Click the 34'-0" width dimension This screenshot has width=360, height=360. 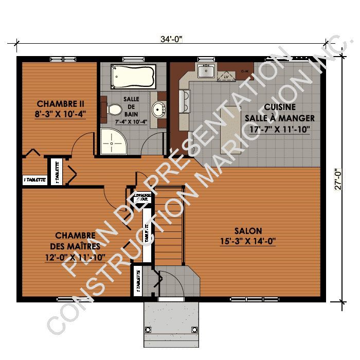click(x=172, y=39)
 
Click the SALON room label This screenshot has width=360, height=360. click(x=248, y=231)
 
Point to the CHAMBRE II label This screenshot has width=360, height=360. click(x=61, y=102)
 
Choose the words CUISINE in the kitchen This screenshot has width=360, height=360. click(x=280, y=107)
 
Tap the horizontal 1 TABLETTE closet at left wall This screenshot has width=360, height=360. click(x=34, y=180)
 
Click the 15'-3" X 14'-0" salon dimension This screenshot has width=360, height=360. click(x=248, y=241)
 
